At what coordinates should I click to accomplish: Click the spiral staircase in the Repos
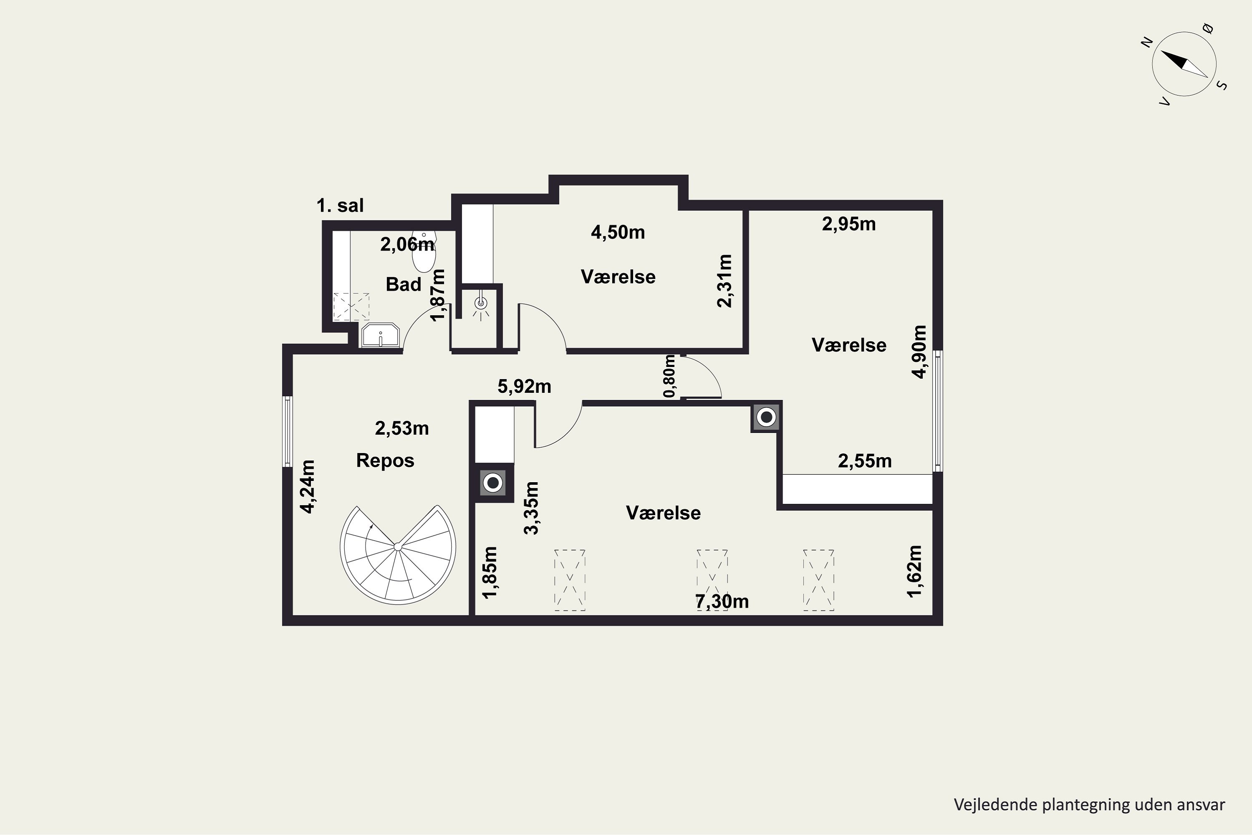[398, 554]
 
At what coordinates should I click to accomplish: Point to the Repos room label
[385, 461]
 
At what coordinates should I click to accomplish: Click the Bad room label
[404, 284]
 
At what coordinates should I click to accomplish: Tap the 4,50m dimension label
[618, 232]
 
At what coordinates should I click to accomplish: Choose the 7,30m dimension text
[722, 601]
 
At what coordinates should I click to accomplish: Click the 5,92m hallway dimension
[524, 386]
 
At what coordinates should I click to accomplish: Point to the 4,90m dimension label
[919, 352]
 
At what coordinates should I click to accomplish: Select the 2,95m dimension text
[848, 224]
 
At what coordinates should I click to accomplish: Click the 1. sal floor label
[340, 205]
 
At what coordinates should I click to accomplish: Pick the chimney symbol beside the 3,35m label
[493, 483]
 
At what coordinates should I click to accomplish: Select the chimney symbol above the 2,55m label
[766, 417]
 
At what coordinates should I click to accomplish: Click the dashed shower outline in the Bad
[351, 306]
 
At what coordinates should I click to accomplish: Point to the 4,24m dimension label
[307, 487]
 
